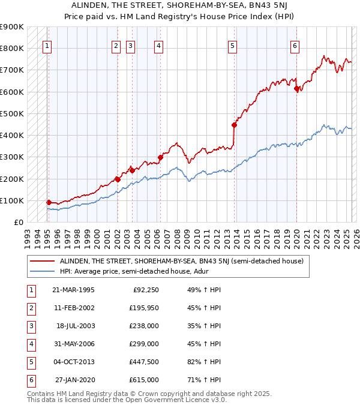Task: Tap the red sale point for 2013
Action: [x=235, y=125]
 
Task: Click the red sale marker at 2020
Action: [x=296, y=89]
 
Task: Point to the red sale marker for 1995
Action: [x=49, y=202]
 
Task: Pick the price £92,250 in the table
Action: [x=145, y=290]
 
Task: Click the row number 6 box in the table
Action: [x=31, y=380]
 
